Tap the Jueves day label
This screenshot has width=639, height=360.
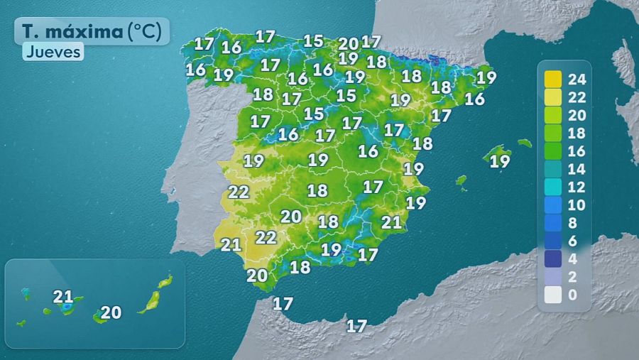pos(53,52)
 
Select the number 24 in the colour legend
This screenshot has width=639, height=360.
pos(576,78)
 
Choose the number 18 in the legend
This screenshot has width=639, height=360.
pos(576,133)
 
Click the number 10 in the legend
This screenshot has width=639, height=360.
pos(576,205)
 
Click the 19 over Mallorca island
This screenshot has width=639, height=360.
pos(500,161)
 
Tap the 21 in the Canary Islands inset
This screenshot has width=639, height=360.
pos(63,296)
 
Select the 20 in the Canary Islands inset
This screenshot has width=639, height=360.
pos(111,312)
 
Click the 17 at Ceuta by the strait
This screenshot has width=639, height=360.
pos(283,304)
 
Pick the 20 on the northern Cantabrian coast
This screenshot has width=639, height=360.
pos(348,43)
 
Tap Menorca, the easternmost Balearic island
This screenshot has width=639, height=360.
pos(525,143)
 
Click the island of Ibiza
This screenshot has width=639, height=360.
pos(461,180)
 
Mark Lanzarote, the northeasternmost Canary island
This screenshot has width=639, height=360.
pos(165,281)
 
